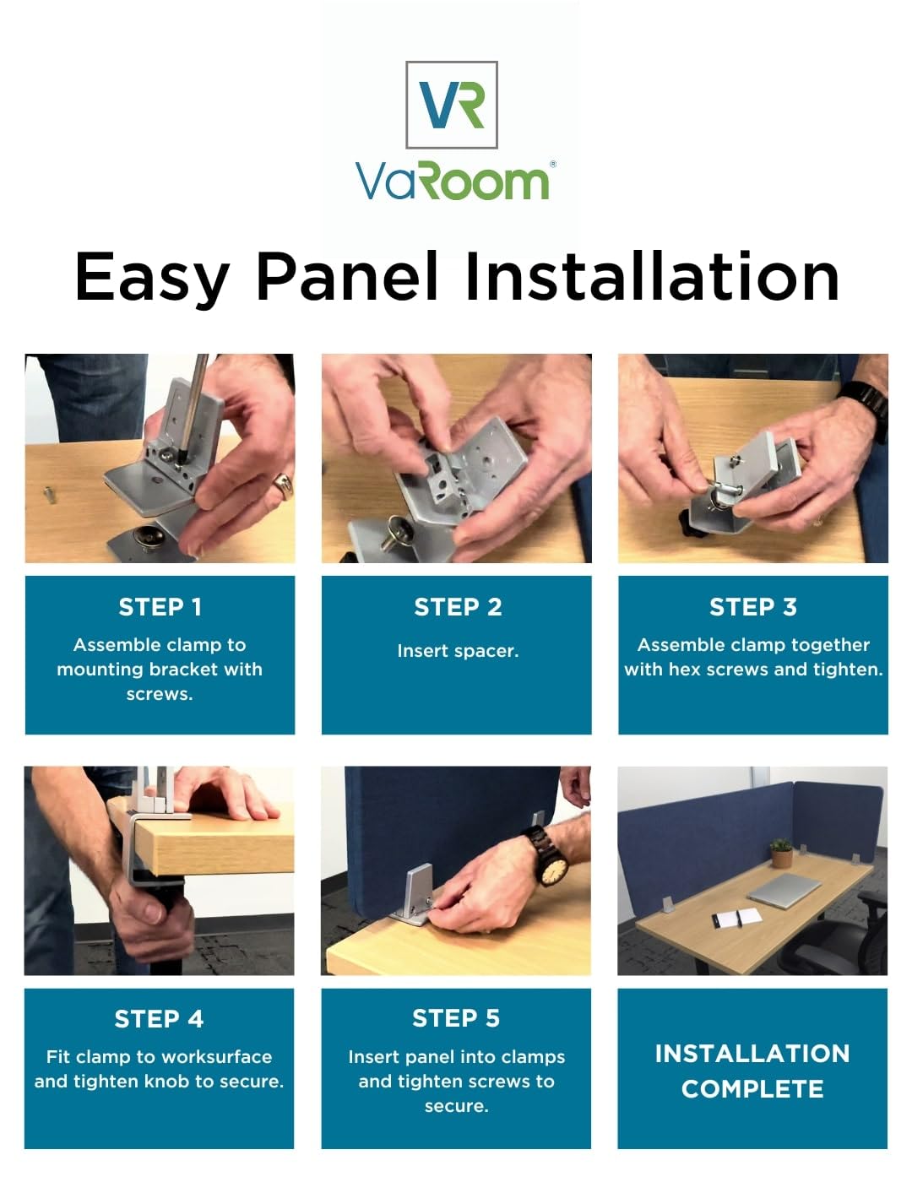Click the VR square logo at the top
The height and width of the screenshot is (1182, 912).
(452, 105)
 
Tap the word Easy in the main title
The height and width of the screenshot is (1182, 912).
(151, 278)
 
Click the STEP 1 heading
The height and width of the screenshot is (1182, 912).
(160, 607)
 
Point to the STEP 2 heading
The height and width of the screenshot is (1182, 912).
(458, 607)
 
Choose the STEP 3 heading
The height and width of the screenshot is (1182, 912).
(752, 607)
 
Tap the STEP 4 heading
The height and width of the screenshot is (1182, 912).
(159, 1019)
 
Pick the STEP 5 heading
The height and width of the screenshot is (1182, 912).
(456, 1018)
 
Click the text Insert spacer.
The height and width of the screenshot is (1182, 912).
(458, 651)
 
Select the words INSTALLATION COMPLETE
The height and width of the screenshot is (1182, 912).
(752, 1071)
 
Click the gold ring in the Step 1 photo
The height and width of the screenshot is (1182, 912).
(284, 485)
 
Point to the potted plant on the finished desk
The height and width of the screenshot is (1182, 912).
(781, 853)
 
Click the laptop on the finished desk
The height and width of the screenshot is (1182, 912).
(784, 891)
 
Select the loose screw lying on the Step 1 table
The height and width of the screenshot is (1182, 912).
(49, 495)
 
